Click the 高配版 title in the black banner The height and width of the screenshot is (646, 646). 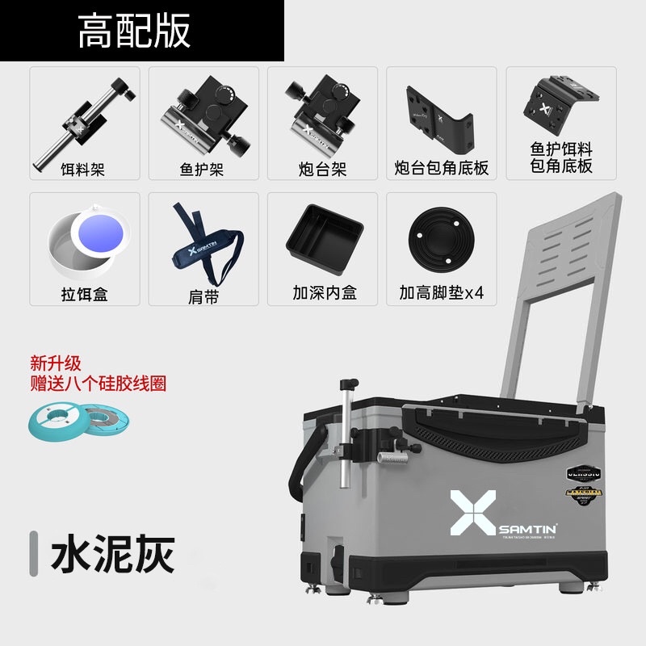(x=134, y=31)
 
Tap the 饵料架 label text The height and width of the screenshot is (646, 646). (x=84, y=170)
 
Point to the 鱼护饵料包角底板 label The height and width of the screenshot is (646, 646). (x=561, y=157)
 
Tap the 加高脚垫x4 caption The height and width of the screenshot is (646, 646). (x=441, y=293)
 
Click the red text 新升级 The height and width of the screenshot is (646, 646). (x=57, y=363)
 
